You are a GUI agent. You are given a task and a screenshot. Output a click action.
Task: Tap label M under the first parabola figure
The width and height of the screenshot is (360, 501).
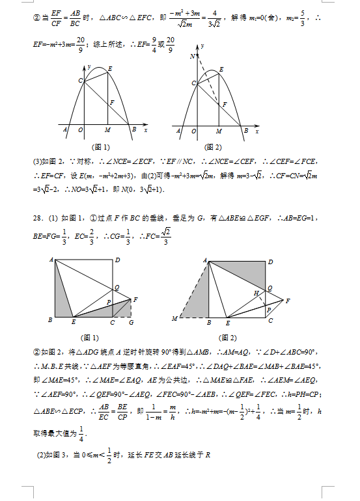(107, 131)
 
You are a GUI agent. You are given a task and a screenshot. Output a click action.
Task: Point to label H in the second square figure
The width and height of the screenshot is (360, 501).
(257, 294)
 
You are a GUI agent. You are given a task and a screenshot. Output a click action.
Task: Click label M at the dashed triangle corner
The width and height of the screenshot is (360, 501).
(174, 318)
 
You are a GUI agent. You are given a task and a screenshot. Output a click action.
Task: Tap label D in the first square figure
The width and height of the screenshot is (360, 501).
(117, 260)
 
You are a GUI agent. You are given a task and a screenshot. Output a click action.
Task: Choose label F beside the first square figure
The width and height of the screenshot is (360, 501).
(135, 299)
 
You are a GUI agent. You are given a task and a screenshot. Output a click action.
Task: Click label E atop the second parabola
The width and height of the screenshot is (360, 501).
(222, 68)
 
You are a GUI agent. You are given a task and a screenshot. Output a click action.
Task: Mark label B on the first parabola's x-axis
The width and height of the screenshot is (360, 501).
(134, 131)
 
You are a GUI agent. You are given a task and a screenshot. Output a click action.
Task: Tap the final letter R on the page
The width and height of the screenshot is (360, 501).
(208, 454)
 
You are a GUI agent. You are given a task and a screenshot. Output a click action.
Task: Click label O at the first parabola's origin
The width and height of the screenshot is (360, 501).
(80, 131)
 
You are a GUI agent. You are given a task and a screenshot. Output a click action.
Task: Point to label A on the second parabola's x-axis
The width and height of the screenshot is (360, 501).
(179, 131)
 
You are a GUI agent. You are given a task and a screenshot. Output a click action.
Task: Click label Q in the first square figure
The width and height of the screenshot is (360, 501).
(117, 287)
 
